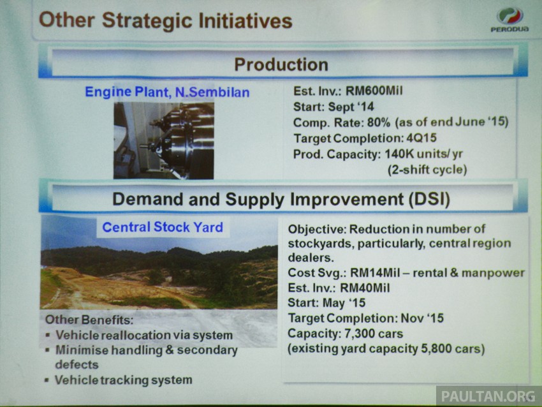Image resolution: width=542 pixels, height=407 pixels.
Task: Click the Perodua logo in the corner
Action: (x=509, y=20)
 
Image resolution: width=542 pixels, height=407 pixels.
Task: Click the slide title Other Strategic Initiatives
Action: (x=165, y=20)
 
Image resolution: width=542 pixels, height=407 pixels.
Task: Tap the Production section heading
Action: (x=281, y=64)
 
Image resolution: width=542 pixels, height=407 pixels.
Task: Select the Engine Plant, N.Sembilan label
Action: (x=167, y=93)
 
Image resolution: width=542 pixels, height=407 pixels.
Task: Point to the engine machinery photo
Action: (x=164, y=140)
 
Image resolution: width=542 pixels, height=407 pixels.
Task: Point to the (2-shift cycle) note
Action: (x=427, y=170)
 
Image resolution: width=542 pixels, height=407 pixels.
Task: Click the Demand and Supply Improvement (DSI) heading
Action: (x=281, y=199)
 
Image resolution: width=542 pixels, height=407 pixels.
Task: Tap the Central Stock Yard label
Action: (x=163, y=227)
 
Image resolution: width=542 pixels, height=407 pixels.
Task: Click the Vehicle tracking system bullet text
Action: (x=123, y=380)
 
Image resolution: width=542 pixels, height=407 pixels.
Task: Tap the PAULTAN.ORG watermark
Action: (x=488, y=396)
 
